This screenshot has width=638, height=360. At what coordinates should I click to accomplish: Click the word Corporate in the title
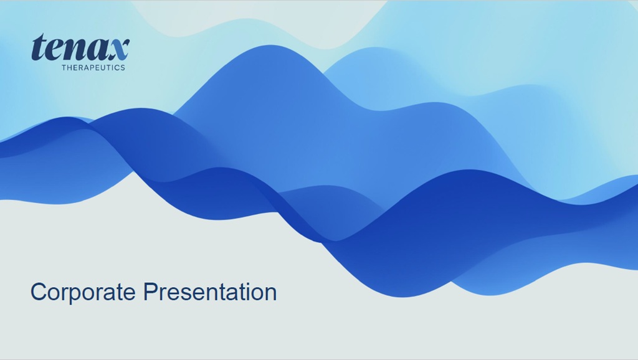(x=83, y=292)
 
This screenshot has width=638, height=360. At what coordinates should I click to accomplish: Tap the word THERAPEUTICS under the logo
(x=93, y=67)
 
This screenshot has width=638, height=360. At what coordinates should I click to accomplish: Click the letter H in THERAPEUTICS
(x=70, y=67)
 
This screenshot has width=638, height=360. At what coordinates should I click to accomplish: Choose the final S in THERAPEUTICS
(x=123, y=67)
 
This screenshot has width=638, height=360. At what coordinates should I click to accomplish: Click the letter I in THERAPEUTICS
(x=114, y=67)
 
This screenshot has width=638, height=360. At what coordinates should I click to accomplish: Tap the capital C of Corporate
(x=37, y=292)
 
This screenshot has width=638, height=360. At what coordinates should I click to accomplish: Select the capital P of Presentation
(x=150, y=292)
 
